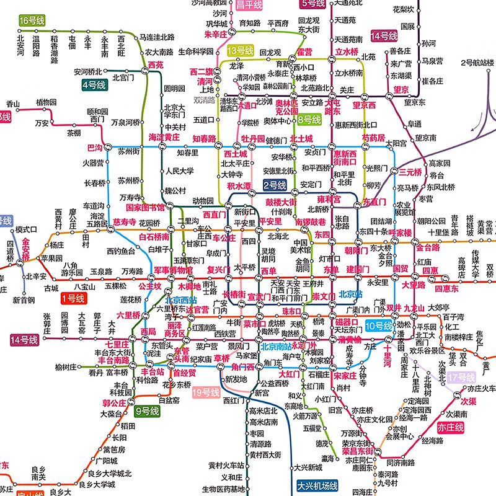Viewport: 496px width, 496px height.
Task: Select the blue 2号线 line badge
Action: click(x=273, y=185)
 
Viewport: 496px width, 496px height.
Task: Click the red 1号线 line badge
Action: click(x=73, y=299)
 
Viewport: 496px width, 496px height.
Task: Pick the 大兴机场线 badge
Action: click(x=316, y=486)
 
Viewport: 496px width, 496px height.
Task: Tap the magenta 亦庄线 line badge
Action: click(x=451, y=428)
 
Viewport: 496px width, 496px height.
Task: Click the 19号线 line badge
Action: click(x=206, y=392)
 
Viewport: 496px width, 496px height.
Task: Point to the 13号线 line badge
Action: click(x=240, y=50)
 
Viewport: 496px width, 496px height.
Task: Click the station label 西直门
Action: click(x=214, y=215)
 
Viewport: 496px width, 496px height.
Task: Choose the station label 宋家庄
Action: click(x=345, y=375)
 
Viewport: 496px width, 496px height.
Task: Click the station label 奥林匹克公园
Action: click(x=286, y=107)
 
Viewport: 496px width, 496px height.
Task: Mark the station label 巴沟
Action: click(x=95, y=148)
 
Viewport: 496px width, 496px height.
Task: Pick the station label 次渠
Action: click(x=471, y=401)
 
